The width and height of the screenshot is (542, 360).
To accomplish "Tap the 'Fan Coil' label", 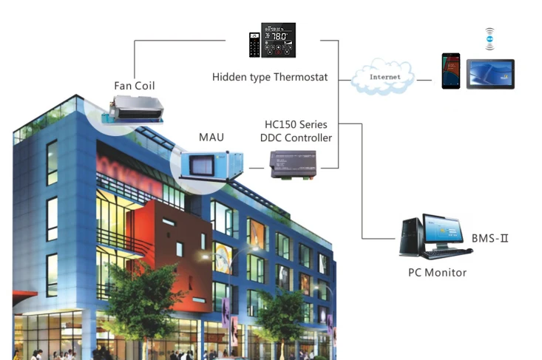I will pos(135,85).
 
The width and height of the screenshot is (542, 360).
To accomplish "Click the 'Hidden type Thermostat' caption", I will pos(270,77).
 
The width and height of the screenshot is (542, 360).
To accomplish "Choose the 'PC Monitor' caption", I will pos(438,272).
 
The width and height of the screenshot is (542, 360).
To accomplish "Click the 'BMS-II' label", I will pos(491,239).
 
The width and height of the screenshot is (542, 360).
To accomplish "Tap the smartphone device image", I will pos(451,70).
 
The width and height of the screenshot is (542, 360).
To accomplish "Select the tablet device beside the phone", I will pos(490,73).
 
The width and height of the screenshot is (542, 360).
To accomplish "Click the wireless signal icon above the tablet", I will pos(489,38).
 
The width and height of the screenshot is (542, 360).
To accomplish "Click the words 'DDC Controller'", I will pos(297,137).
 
